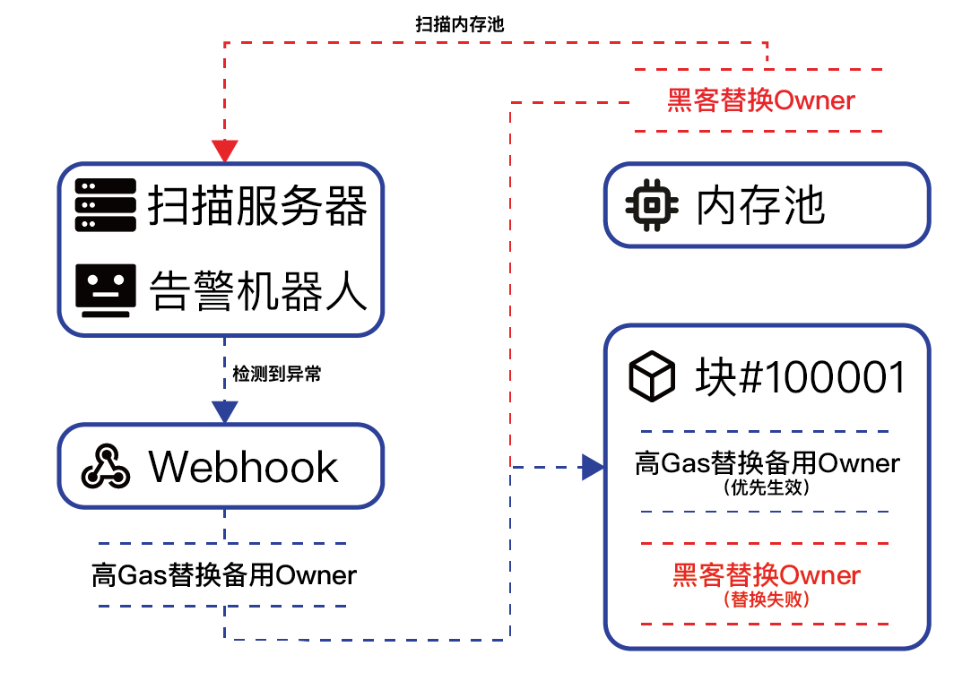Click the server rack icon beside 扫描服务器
pos(106,205)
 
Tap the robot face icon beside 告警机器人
pos(106,291)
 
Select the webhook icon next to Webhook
pos(106,466)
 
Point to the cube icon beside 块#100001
pos(652,377)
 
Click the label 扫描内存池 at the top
pos(459,24)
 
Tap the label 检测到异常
pos(276,375)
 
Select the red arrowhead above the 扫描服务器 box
pos(224,150)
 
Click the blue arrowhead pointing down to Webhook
pos(224,410)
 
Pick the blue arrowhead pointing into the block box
pos(592,466)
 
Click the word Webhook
pos(244,467)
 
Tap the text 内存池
pos(760,206)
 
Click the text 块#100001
pos(800,378)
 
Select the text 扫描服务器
pos(257,206)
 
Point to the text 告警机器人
pos(257,291)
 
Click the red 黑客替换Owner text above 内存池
pos(760,99)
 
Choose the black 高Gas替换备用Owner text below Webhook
pos(224,574)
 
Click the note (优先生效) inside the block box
pos(766,488)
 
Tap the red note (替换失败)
pos(766,599)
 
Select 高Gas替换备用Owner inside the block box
pos(766,464)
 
